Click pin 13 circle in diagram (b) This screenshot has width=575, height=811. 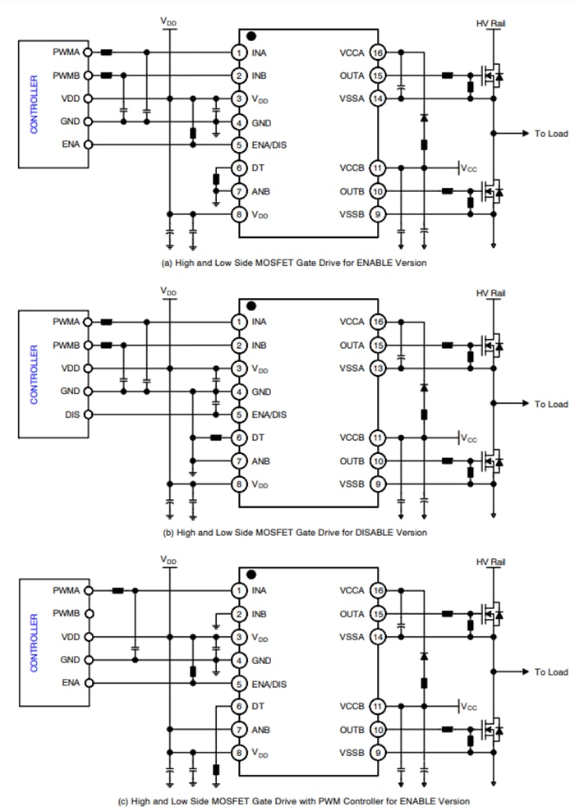[378, 369]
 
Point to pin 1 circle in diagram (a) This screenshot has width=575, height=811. [238, 53]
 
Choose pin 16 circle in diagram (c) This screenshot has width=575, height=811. [378, 590]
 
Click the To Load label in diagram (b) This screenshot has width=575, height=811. [550, 404]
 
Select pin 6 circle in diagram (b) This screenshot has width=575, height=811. [238, 438]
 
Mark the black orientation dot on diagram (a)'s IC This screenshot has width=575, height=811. [251, 36]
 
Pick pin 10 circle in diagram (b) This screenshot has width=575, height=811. [378, 461]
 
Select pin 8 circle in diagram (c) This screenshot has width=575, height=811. [238, 752]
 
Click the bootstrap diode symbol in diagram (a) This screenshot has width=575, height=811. [424, 118]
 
